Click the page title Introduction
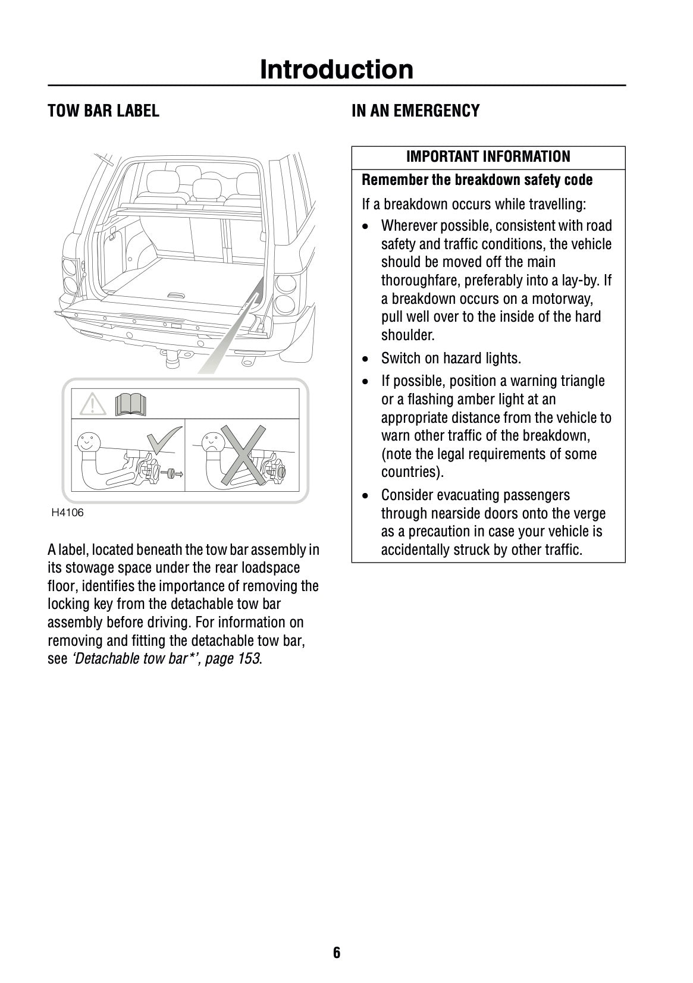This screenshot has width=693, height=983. coord(336,70)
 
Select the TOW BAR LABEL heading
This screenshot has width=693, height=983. coord(104,111)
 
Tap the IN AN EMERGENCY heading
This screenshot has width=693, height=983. coord(415,111)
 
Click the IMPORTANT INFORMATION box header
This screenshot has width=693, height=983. coord(488,157)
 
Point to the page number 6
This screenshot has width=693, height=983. coord(337,953)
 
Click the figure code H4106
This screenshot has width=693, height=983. coord(67,513)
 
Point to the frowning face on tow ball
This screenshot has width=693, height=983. coord(213,442)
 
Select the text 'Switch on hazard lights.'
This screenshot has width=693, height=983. coord(450,358)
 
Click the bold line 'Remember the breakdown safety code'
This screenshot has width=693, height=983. coord(477,180)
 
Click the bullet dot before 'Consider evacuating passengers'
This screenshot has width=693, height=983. coord(368,495)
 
